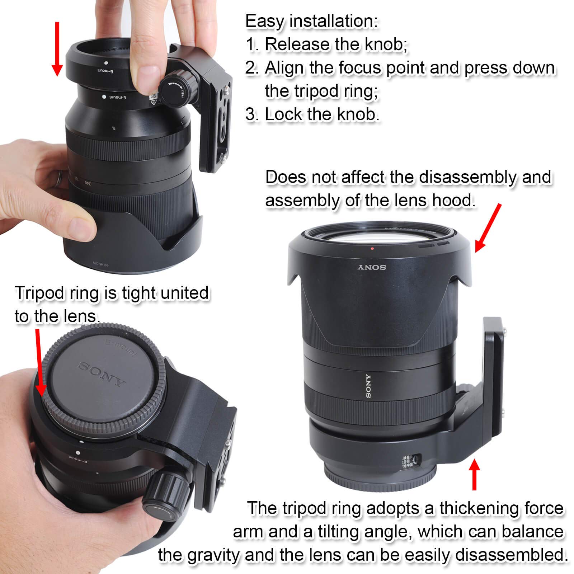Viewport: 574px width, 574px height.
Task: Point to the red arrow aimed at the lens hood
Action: pyautogui.click(x=488, y=228)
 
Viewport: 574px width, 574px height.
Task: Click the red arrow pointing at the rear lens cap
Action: pyautogui.click(x=39, y=362)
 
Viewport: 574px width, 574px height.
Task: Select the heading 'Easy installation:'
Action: pyautogui.click(x=311, y=22)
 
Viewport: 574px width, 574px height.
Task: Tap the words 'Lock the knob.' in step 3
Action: pyautogui.click(x=322, y=115)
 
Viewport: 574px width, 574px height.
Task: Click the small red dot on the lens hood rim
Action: pyautogui.click(x=373, y=248)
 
